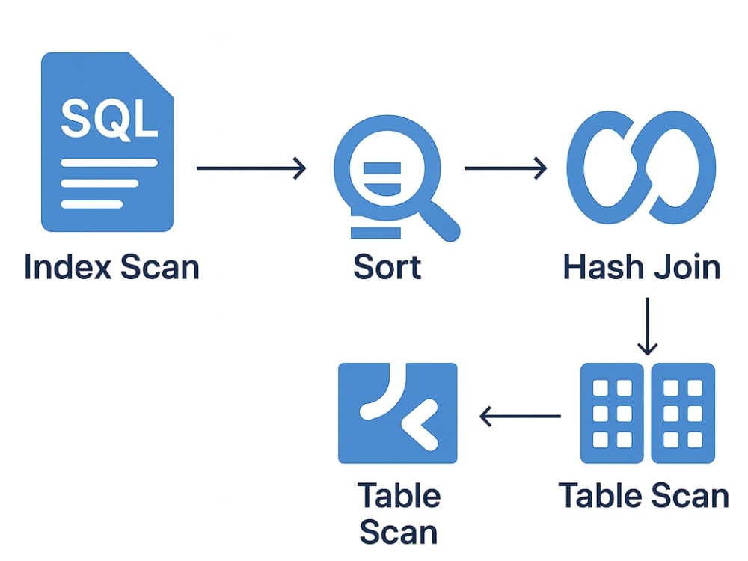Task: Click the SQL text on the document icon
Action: tap(109, 119)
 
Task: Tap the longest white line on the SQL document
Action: tap(109, 162)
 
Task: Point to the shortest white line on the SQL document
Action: tap(92, 204)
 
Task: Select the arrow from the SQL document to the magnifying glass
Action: tap(251, 168)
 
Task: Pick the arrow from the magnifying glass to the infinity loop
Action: tap(505, 168)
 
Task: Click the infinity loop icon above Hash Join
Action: tap(642, 168)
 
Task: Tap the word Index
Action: tap(68, 267)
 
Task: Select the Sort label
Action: tap(387, 267)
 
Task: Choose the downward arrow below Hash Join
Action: tap(647, 326)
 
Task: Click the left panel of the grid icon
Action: tap(612, 413)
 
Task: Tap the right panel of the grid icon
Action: tap(683, 413)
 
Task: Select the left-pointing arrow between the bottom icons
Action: tap(520, 417)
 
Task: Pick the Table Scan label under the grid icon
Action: tap(643, 496)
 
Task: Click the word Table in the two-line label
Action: tap(399, 496)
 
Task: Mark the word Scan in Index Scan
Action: tap(159, 267)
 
